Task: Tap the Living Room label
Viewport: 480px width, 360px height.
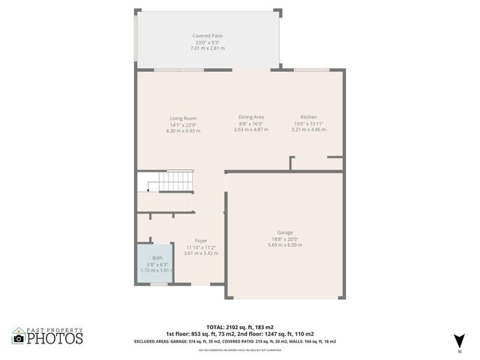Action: pos(183,118)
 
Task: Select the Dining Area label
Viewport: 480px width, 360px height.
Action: pos(250,118)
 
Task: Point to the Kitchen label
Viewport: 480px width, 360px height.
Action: pos(308,118)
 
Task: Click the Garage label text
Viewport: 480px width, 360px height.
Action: pos(284,232)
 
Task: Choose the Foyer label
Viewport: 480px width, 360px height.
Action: pos(201,241)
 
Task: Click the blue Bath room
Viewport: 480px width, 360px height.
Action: pos(154,263)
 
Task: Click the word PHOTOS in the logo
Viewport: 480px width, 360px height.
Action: pos(54,339)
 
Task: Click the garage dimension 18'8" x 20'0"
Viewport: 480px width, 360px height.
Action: pos(284,239)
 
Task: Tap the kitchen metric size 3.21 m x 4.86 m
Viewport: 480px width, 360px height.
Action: pos(308,130)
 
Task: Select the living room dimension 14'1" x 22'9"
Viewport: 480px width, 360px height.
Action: pos(183,124)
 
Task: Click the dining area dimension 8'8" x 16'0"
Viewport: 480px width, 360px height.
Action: pos(250,124)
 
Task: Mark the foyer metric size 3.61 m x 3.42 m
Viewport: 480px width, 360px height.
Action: pos(201,253)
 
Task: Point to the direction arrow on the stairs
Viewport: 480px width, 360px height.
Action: pos(148,190)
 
